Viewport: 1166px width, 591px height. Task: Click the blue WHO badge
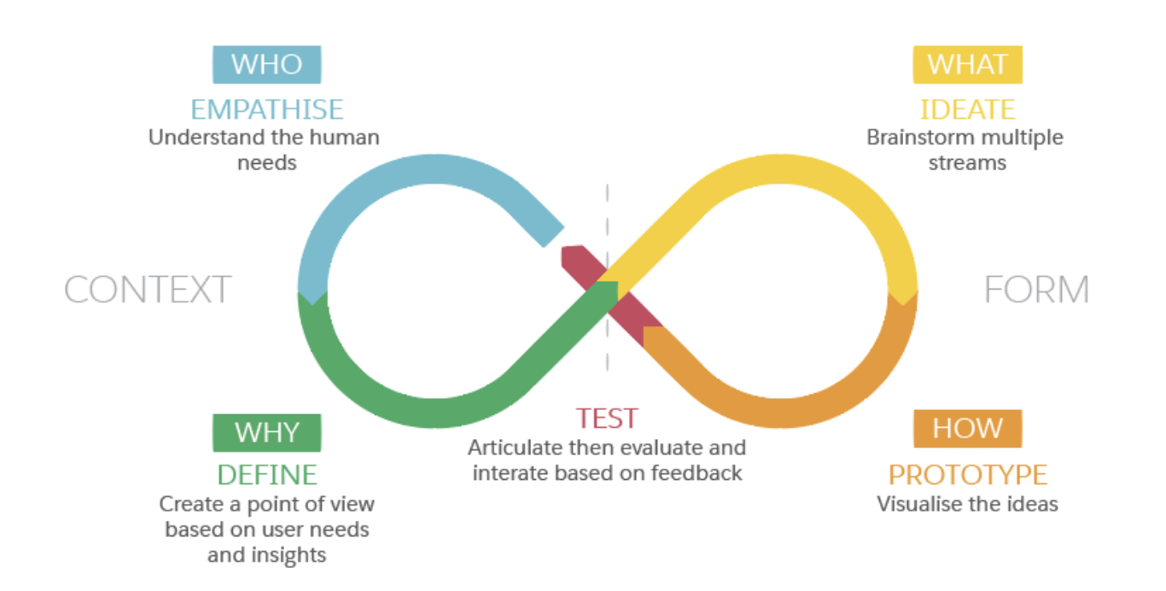(266, 64)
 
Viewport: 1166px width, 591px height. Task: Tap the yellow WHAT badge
(967, 64)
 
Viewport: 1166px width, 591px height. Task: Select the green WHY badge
(266, 432)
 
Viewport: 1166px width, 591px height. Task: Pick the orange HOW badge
(967, 429)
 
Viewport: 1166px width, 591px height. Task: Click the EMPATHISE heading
(266, 109)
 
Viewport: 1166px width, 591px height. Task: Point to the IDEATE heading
(967, 109)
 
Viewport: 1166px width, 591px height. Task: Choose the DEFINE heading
(266, 474)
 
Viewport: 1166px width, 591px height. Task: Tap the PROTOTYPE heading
(967, 474)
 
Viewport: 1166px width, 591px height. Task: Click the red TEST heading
(606, 418)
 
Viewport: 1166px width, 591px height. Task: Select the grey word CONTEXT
(148, 290)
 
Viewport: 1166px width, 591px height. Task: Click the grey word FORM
(1036, 290)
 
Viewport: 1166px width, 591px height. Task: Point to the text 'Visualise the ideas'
(967, 504)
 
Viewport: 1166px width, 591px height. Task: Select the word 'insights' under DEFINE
(287, 555)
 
